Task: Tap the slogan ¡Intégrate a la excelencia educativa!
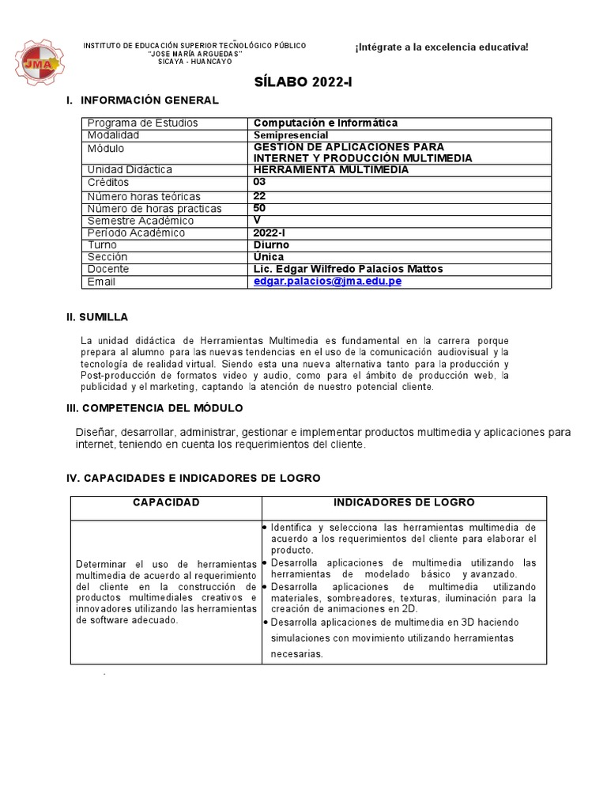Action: [441, 47]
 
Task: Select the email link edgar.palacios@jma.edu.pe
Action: [327, 282]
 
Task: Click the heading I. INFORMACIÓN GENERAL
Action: [142, 100]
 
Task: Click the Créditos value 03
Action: [260, 182]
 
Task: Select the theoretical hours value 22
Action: [260, 196]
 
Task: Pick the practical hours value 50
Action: [260, 208]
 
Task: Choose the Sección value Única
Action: [269, 257]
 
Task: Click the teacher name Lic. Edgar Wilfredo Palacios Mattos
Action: [348, 269]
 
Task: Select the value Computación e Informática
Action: [326, 123]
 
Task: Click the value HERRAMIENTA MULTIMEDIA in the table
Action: [331, 169]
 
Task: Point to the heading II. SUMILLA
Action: [96, 317]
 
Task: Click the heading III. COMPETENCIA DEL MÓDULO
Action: [154, 408]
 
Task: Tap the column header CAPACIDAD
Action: [166, 503]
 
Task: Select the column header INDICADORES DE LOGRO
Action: [404, 503]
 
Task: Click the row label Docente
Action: [108, 270]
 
